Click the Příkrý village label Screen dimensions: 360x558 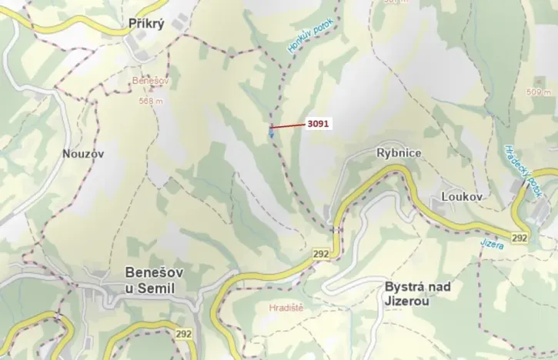pyautogui.click(x=145, y=25)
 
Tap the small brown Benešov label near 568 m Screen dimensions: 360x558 pyautogui.click(x=150, y=80)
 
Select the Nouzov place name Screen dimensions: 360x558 pyautogui.click(x=83, y=153)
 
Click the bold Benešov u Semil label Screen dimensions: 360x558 pyautogui.click(x=150, y=280)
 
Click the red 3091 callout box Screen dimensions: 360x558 pyautogui.click(x=317, y=122)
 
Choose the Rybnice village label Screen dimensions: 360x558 pyautogui.click(x=399, y=152)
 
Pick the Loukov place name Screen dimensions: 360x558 pyautogui.click(x=461, y=197)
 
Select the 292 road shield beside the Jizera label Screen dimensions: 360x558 pyautogui.click(x=520, y=238)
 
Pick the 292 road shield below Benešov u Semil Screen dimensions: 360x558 pyautogui.click(x=183, y=334)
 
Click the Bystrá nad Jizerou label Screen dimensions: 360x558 pyautogui.click(x=417, y=295)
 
